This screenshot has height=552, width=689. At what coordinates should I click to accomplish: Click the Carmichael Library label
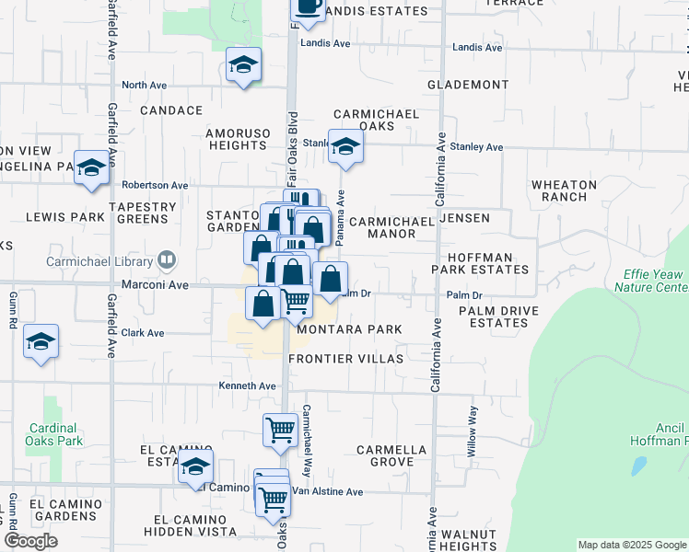(98, 260)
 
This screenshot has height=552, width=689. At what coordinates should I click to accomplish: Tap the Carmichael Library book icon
(167, 260)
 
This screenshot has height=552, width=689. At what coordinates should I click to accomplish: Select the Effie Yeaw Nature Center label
(651, 281)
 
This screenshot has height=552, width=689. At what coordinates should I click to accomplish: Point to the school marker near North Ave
(243, 66)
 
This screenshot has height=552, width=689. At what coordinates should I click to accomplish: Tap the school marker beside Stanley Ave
(345, 147)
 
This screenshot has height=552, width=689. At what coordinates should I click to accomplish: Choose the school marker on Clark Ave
(41, 343)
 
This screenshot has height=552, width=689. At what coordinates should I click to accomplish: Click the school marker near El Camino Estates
(195, 467)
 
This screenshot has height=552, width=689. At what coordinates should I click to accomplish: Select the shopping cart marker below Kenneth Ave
(280, 430)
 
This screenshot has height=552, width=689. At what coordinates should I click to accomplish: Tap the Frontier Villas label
(346, 358)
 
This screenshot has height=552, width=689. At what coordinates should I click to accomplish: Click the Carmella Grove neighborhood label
(392, 455)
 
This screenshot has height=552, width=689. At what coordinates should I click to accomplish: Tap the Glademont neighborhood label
(468, 85)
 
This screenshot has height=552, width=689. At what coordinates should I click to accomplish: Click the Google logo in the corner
(31, 541)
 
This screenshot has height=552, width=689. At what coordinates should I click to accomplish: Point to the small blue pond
(638, 465)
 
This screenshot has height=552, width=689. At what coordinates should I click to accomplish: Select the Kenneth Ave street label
(248, 385)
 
